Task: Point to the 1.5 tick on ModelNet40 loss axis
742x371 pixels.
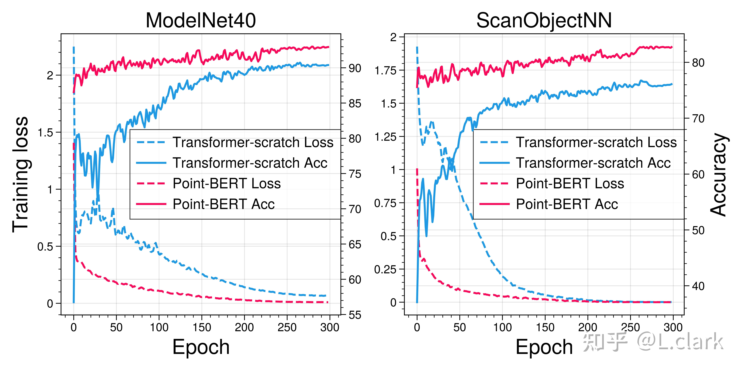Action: (x=46, y=133)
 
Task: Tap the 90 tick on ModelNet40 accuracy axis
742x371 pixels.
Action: (x=355, y=68)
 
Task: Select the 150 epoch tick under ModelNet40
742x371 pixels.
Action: (x=202, y=328)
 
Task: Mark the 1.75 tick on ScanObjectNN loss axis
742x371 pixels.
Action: (x=385, y=70)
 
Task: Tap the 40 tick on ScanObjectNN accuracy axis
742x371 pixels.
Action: (x=698, y=286)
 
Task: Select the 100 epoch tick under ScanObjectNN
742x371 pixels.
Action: (x=502, y=328)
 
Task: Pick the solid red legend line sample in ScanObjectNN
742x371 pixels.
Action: (x=494, y=204)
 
